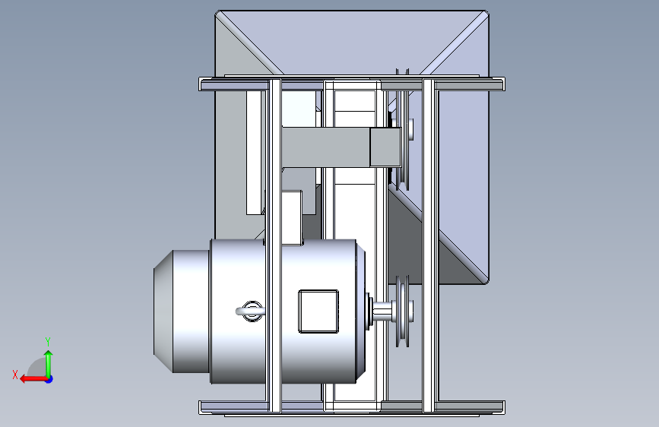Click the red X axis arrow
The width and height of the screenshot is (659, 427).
[x=33, y=379]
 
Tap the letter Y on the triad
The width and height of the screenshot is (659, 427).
[x=48, y=341]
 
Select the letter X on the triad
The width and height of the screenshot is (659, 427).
[x=15, y=375]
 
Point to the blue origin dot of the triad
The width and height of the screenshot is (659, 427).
[x=49, y=379]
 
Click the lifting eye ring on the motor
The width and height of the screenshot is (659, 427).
[x=252, y=312]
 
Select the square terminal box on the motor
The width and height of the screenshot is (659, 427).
[x=318, y=312]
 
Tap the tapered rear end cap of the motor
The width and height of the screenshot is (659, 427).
[x=163, y=312]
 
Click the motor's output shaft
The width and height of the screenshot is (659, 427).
[x=382, y=312]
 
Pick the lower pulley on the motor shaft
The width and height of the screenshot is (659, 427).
[x=403, y=312]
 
